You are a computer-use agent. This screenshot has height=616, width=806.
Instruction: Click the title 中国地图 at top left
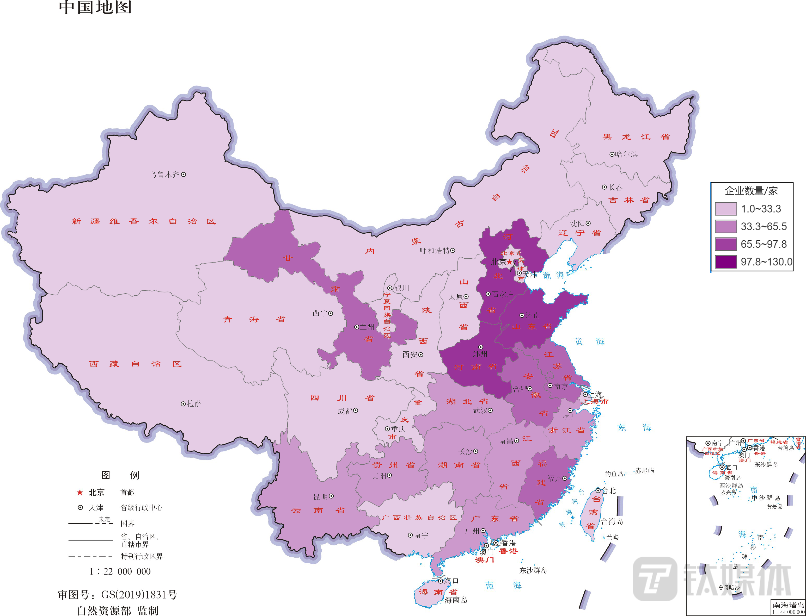tap(95, 7)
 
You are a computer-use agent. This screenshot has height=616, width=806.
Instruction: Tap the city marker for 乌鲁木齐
tap(184, 175)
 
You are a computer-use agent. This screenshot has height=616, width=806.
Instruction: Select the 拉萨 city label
tap(194, 404)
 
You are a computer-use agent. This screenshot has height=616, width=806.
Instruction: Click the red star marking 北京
tap(510, 262)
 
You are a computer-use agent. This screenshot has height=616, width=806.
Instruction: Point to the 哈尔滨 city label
tap(627, 154)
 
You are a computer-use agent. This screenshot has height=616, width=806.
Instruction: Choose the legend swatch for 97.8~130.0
tap(726, 262)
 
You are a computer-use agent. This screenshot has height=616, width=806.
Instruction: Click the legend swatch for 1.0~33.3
tap(726, 209)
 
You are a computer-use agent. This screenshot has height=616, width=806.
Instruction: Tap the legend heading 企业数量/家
tap(751, 191)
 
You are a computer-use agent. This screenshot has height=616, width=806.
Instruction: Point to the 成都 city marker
tap(356, 411)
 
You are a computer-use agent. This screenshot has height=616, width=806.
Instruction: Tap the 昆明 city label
tap(320, 497)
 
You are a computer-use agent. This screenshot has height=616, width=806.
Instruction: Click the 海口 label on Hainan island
tap(451, 581)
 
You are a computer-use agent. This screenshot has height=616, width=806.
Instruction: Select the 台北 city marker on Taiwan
tap(598, 491)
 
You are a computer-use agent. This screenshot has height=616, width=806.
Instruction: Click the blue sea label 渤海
tap(554, 275)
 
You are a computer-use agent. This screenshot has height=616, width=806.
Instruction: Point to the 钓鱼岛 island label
tap(614, 474)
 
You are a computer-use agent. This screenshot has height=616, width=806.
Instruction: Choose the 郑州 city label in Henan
tap(480, 354)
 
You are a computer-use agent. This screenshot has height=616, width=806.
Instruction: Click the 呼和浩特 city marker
tap(453, 250)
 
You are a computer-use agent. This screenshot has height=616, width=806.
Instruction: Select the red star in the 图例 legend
tap(80, 493)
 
